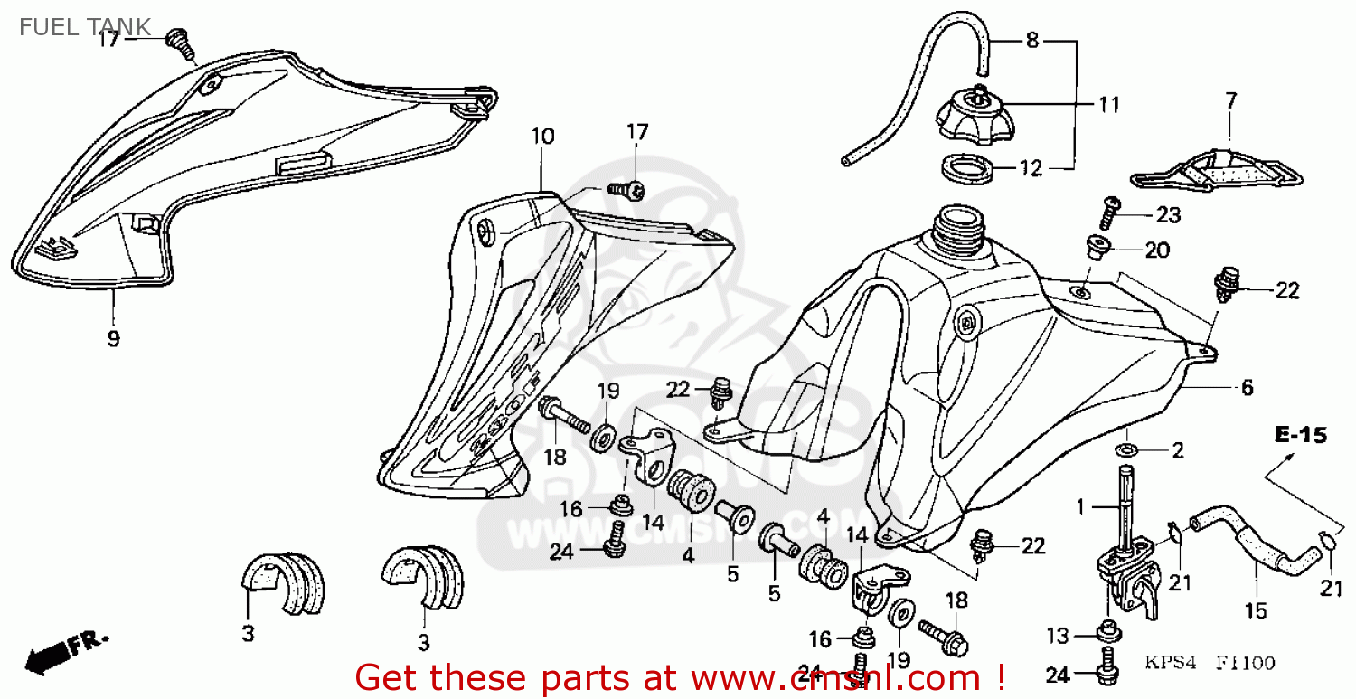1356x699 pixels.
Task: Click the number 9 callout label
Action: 113,338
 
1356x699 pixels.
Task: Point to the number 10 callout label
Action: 542,137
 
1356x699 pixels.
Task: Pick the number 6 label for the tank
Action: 1247,388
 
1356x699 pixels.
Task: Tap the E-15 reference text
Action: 1300,436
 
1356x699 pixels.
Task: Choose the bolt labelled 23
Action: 1110,213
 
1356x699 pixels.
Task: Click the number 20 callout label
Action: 1157,250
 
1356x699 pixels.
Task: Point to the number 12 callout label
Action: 1031,167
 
